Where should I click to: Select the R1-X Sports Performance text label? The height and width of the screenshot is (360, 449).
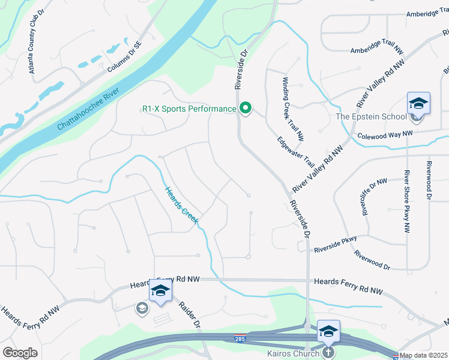[x=189, y=109]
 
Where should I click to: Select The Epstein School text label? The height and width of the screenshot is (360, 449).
[x=370, y=116]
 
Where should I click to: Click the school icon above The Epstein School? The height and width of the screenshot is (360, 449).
[x=418, y=103]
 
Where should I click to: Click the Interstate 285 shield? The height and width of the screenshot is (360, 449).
[x=240, y=338]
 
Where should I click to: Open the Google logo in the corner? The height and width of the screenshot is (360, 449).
[x=20, y=353]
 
